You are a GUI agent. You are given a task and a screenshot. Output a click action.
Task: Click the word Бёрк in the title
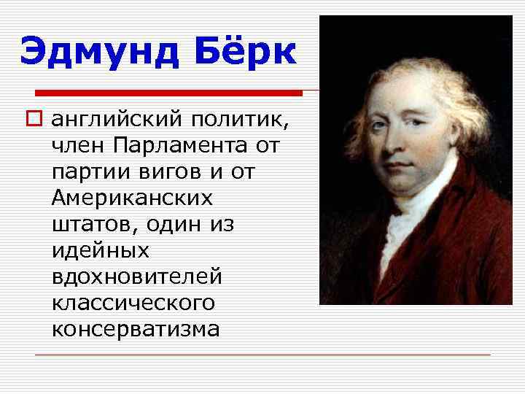click(x=245, y=53)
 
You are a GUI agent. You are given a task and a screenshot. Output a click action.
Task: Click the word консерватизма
click(x=136, y=329)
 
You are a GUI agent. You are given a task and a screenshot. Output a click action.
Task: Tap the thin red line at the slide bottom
click(x=262, y=355)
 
